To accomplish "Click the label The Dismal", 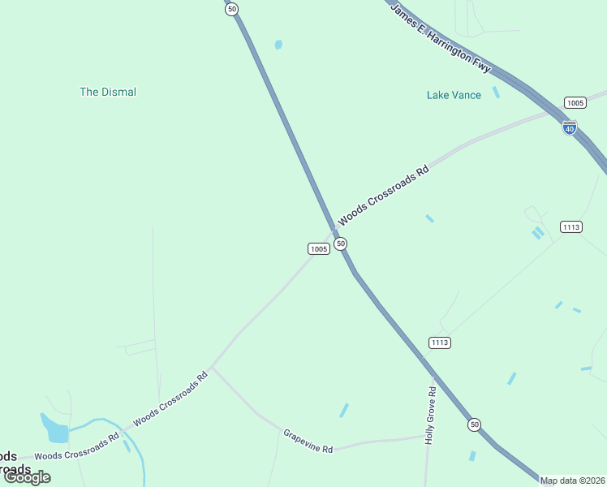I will coord(108,92).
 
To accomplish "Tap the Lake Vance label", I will coord(454,95).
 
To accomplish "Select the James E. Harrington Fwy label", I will coord(441,38).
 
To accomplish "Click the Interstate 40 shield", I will coord(570,127).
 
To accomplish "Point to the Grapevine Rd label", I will coord(308,442).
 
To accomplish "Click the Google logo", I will coord(27,477).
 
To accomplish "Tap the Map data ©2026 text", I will coord(572,481).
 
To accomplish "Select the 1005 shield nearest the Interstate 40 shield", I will coord(575,102).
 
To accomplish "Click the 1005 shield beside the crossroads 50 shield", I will coord(319,248).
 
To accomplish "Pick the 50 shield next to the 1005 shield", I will coord(341,243).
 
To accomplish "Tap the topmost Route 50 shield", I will coord(232,9).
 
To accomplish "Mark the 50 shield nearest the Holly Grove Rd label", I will coord(474,425).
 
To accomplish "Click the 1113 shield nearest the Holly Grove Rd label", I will coord(439,343).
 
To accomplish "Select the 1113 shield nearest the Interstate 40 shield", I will coord(570,226).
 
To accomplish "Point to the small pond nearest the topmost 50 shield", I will coord(278,45).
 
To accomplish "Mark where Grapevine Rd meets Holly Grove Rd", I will coord(427,436).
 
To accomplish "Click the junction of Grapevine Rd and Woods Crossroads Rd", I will coord(211,368).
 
